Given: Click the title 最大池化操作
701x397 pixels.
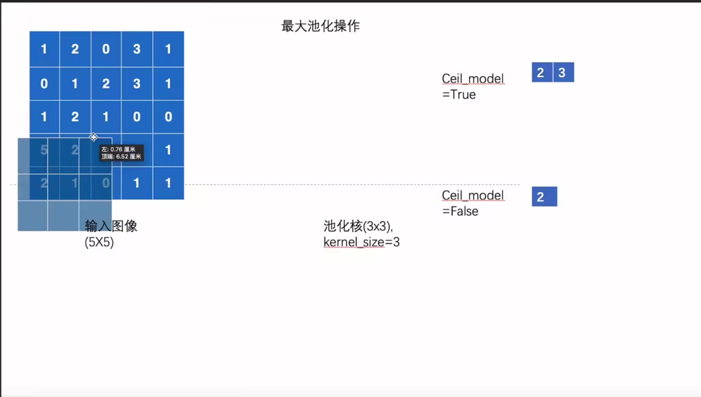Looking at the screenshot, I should click(320, 26).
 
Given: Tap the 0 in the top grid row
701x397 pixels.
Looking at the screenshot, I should click(106, 49).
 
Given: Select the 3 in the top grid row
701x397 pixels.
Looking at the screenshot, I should click(137, 49).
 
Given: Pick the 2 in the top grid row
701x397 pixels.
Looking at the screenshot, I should click(75, 49).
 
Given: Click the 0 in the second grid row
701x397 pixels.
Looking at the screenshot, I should click(44, 84).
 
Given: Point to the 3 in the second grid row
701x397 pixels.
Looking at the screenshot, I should click(137, 84).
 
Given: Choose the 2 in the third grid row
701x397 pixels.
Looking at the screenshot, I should click(75, 116).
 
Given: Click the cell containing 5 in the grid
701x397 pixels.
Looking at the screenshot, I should click(44, 150).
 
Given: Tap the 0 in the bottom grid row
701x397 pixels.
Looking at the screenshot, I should click(106, 183).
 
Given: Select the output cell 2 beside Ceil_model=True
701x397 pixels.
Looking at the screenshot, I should click(542, 73).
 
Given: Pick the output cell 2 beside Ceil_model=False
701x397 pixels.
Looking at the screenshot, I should click(544, 197).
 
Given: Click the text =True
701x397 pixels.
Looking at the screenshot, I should click(459, 95).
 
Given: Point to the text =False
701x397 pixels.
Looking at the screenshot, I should click(460, 211).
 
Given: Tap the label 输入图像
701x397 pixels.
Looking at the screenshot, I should click(111, 226).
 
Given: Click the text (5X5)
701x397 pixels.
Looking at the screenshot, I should click(99, 242).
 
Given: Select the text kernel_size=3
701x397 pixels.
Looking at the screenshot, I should click(361, 242).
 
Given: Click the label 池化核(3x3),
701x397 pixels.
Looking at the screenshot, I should click(358, 226).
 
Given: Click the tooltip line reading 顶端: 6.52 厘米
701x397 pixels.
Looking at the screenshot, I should click(121, 157).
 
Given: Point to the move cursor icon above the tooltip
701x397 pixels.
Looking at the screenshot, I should click(94, 137).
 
